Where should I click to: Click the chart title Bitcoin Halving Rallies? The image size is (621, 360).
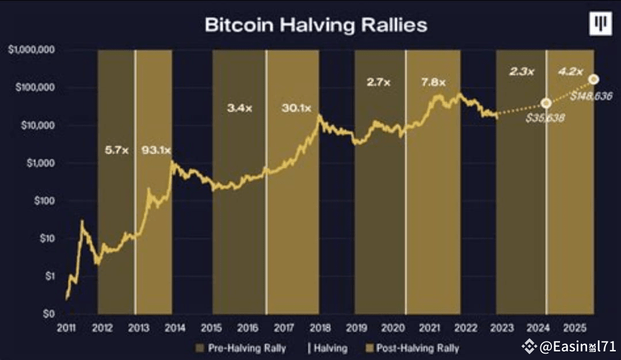pyautogui.click(x=316, y=25)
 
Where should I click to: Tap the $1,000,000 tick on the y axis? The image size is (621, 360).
pyautogui.click(x=32, y=50)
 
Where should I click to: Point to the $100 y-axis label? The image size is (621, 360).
pyautogui.click(x=43, y=201)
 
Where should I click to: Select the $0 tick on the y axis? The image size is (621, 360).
pyautogui.click(x=48, y=314)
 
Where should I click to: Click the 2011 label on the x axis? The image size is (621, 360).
pyautogui.click(x=66, y=328)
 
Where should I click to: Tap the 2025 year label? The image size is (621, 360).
pyautogui.click(x=575, y=328)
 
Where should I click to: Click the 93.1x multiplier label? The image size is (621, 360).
pyautogui.click(x=155, y=151)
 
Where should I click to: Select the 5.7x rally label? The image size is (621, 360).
pyautogui.click(x=117, y=151)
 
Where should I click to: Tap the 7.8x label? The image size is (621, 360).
pyautogui.click(x=433, y=82)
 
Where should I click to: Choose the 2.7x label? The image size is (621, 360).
pyautogui.click(x=379, y=82)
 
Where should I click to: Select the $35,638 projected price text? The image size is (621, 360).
pyautogui.click(x=544, y=118)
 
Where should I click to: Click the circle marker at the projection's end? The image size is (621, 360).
pyautogui.click(x=593, y=79)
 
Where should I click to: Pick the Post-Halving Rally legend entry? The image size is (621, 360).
pyautogui.click(x=413, y=348)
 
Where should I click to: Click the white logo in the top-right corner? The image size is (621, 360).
pyautogui.click(x=600, y=24)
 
